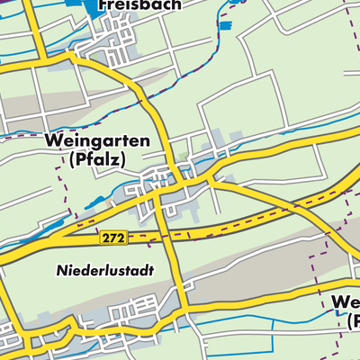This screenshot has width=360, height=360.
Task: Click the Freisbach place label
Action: (139, 4)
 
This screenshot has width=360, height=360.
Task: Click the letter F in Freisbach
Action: (102, 4)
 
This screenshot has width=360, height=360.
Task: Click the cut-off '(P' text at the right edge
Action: (351, 321)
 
